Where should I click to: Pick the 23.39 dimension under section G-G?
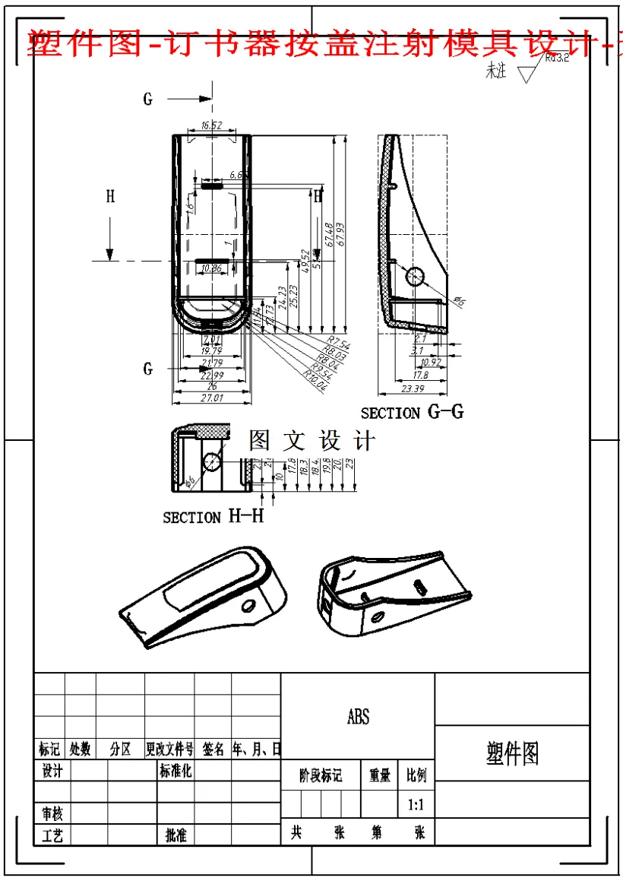point(412,389)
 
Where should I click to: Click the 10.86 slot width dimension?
point(213,268)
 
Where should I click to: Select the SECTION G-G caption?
point(412,413)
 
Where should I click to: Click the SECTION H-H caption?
point(213,517)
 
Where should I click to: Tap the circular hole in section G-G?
point(415,276)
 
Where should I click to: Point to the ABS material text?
point(358,717)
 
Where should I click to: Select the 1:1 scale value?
point(416,803)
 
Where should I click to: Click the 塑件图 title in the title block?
point(512,754)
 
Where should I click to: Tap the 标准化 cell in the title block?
point(176,772)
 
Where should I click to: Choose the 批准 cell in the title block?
point(176,835)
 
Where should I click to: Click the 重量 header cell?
point(379,775)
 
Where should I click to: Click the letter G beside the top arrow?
point(148,99)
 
